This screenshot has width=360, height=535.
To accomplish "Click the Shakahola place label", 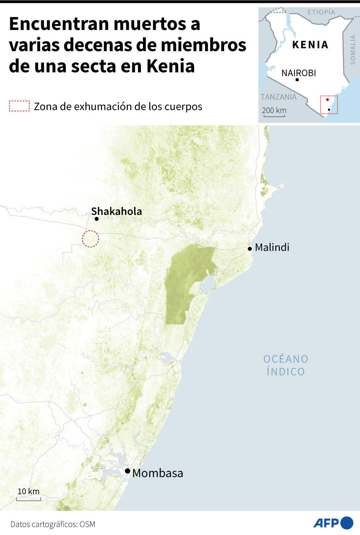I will click(x=116, y=211).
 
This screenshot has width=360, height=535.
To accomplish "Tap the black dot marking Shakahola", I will click(x=96, y=219).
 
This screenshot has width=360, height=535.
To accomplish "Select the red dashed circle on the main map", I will click(x=90, y=239).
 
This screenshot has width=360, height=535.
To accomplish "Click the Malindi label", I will click(x=272, y=247).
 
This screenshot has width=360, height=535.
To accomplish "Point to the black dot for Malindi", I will click(x=250, y=249).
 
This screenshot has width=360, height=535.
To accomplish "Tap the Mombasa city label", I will click(x=158, y=473).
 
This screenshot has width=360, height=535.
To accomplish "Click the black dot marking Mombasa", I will click(x=127, y=471).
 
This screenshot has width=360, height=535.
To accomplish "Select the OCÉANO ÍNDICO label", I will click(x=286, y=365).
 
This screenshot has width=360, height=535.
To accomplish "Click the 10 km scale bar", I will click(x=29, y=499).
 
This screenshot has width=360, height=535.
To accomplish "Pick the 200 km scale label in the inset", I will click(x=274, y=110).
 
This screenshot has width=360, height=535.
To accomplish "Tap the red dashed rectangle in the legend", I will click(x=19, y=106).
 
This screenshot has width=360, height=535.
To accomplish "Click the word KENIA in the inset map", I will click(x=311, y=45).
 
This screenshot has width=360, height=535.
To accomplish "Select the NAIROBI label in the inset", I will click(x=299, y=73).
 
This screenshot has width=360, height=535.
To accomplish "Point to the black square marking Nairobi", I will click(x=297, y=80).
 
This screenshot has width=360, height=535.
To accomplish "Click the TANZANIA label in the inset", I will click(x=278, y=97).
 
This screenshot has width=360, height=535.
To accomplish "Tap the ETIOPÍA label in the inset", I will click(x=321, y=12).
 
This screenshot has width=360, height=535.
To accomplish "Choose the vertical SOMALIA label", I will click(x=353, y=50).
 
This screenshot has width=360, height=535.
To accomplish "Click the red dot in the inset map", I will click(x=327, y=100).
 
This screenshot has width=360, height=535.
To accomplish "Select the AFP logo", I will click(x=333, y=523).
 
